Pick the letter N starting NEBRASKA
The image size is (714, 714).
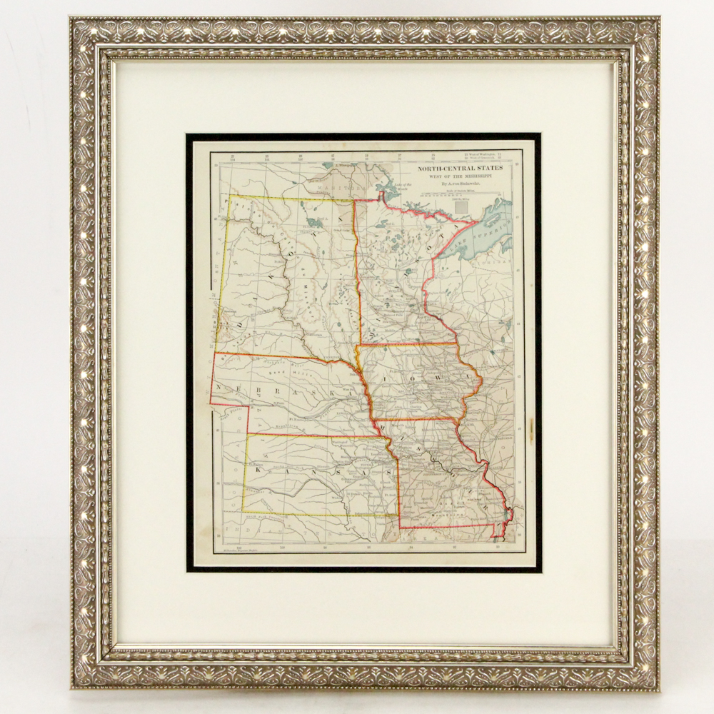pos(216,386)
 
